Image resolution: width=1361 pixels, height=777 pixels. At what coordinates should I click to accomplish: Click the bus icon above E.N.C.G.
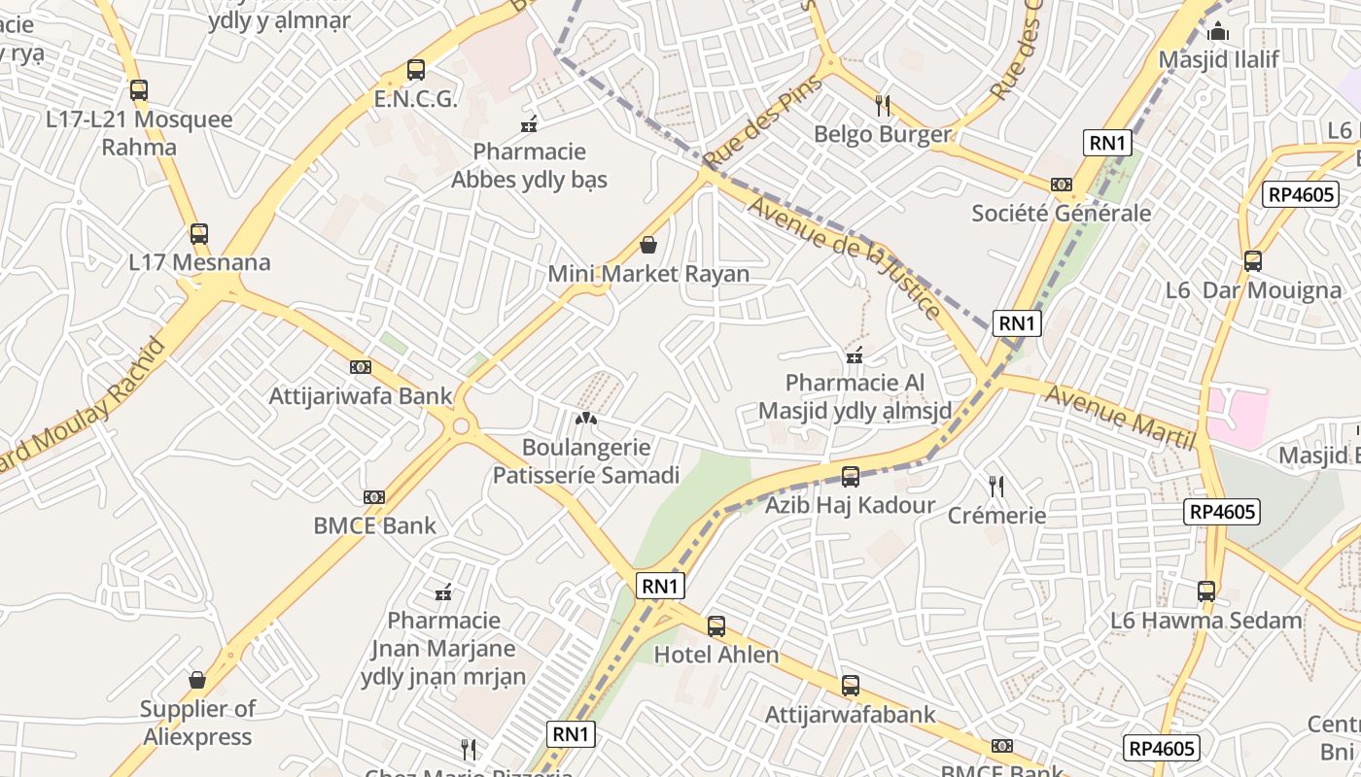pos(416,70)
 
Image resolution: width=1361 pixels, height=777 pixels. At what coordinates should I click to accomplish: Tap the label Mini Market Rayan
pos(648,274)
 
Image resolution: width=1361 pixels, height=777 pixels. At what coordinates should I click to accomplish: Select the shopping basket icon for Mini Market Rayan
pos(648,245)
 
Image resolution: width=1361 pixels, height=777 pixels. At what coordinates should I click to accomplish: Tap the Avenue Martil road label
pos(1119,417)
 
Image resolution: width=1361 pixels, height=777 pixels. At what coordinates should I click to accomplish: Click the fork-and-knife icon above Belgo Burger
pos(883,105)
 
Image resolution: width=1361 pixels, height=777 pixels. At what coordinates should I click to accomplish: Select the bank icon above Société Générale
pos(1062,185)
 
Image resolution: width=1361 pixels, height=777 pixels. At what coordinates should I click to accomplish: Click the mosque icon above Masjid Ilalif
pos(1219,32)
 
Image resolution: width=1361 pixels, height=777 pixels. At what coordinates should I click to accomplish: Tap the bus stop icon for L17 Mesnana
pos(199,234)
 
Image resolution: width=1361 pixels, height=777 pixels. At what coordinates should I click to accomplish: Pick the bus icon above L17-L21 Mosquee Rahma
pos(139,90)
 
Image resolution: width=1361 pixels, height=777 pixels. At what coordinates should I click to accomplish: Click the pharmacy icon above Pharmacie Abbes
pos(530,123)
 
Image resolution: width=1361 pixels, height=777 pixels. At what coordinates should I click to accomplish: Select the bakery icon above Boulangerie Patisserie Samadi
pos(586,420)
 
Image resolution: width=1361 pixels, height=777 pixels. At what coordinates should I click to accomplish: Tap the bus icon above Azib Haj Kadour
pos(851,477)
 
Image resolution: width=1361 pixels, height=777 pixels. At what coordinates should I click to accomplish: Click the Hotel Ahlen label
pos(716,655)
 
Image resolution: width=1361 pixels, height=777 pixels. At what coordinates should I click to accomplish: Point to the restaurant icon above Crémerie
pos(996,486)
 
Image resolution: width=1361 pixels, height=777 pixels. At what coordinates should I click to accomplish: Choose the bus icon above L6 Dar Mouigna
pos(1253,261)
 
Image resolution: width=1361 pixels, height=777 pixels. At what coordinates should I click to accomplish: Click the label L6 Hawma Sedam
pos(1206,620)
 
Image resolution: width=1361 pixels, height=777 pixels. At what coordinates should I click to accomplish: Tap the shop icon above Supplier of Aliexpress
pos(197,680)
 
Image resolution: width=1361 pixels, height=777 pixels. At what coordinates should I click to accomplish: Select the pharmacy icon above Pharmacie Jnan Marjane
pos(443,591)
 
